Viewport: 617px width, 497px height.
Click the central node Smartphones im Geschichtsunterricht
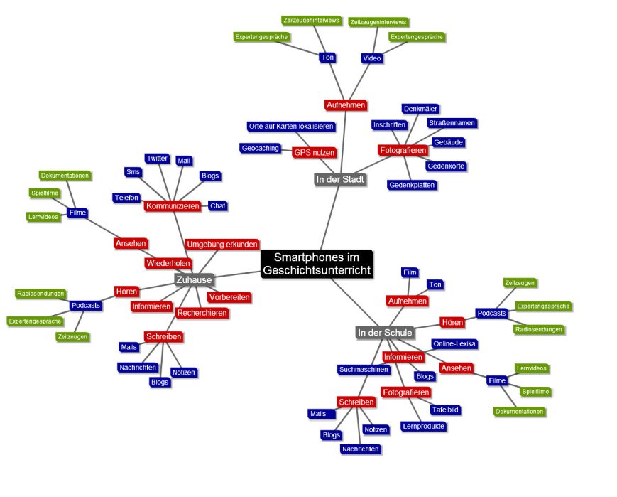(x=317, y=264)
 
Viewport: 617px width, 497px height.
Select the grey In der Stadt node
(x=340, y=179)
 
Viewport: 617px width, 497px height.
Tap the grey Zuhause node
(x=194, y=280)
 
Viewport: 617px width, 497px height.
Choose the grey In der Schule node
(x=385, y=333)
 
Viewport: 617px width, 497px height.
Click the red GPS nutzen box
(x=314, y=152)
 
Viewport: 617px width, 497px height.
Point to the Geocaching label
(x=261, y=148)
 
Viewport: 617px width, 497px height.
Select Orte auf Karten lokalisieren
(x=291, y=127)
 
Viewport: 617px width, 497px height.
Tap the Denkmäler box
(x=420, y=109)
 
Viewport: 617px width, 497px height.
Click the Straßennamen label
(x=452, y=123)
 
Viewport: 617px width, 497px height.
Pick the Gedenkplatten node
(x=412, y=185)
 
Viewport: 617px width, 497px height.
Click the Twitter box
(x=156, y=158)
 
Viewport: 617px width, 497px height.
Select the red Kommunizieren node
(x=172, y=206)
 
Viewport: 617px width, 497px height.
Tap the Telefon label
(x=126, y=197)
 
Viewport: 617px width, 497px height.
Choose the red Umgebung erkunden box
(x=222, y=244)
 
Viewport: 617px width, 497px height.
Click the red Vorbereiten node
(x=229, y=297)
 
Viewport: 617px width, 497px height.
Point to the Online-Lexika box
(x=454, y=344)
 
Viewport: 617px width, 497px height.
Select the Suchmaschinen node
(x=364, y=370)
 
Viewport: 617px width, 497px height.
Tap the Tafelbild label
(x=445, y=410)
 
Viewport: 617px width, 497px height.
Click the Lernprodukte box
(x=423, y=427)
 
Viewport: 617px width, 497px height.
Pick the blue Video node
(x=371, y=58)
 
